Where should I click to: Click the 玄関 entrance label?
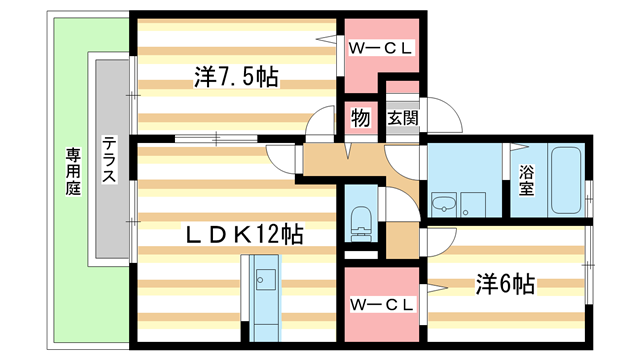click(x=402, y=118)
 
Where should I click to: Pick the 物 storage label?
click(x=361, y=118)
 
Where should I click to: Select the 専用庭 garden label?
click(x=73, y=170)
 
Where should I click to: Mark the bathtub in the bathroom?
click(x=565, y=180)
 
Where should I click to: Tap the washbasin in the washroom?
click(x=444, y=205)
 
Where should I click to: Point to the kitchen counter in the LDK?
click(x=265, y=295)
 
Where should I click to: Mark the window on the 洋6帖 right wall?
click(x=590, y=275)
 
